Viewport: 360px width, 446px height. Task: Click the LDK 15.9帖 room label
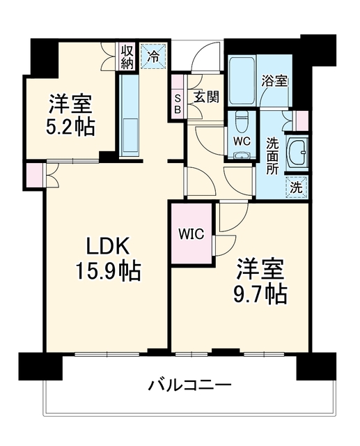pyautogui.click(x=108, y=258)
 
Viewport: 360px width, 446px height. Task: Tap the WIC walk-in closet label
pyautogui.click(x=191, y=234)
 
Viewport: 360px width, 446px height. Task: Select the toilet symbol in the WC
pyautogui.click(x=242, y=122)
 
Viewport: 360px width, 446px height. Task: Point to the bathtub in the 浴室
pyautogui.click(x=242, y=81)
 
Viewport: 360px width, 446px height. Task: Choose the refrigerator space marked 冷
pyautogui.click(x=153, y=56)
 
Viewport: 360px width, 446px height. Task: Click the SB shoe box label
pyautogui.click(x=178, y=104)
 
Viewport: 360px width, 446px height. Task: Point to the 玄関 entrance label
pyautogui.click(x=207, y=97)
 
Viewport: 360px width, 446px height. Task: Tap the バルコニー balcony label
pyautogui.click(x=190, y=385)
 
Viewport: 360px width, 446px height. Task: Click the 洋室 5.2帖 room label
pyautogui.click(x=70, y=115)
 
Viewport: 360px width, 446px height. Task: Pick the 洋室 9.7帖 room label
pyautogui.click(x=260, y=282)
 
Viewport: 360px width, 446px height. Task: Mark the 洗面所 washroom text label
pyautogui.click(x=272, y=156)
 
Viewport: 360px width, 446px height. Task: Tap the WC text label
pyautogui.click(x=242, y=141)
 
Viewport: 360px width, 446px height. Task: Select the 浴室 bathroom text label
pyautogui.click(x=274, y=81)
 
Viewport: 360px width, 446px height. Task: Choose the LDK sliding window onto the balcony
pyautogui.click(x=107, y=354)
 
